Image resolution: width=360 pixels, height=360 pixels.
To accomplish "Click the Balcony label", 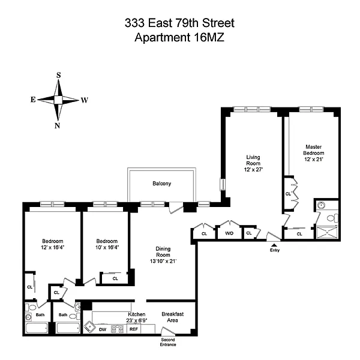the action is coord(162,184).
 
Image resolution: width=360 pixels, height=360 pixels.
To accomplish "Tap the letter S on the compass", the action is coord(59,75).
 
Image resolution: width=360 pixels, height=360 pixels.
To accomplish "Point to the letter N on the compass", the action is coord(57,125).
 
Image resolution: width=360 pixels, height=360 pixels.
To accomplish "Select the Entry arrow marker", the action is coord(274,245).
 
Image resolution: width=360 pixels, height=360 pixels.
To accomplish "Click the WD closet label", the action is coord(229,233).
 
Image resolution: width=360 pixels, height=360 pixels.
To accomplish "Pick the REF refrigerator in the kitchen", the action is coord(134,329).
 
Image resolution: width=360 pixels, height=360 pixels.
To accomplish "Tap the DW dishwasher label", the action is coord(103,329).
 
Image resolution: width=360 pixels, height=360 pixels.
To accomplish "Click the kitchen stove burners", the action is coord(117,329).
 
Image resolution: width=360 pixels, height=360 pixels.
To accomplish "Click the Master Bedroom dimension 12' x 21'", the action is coord(314,159).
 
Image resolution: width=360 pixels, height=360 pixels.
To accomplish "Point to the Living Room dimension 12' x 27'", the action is coord(253,169).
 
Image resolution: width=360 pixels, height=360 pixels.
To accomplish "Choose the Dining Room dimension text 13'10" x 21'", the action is coord(163,261).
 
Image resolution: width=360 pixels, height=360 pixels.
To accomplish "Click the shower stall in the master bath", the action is coord(327,232).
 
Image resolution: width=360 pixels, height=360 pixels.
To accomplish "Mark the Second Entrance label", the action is coord(168,342).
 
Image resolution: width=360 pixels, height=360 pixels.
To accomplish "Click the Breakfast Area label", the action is coord(173,317).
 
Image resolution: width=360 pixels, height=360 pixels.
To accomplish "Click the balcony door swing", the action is coord(176,208).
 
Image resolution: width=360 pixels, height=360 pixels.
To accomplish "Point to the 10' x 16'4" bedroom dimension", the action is coord(107,247).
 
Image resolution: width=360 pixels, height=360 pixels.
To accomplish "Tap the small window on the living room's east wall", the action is coord(223,184).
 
